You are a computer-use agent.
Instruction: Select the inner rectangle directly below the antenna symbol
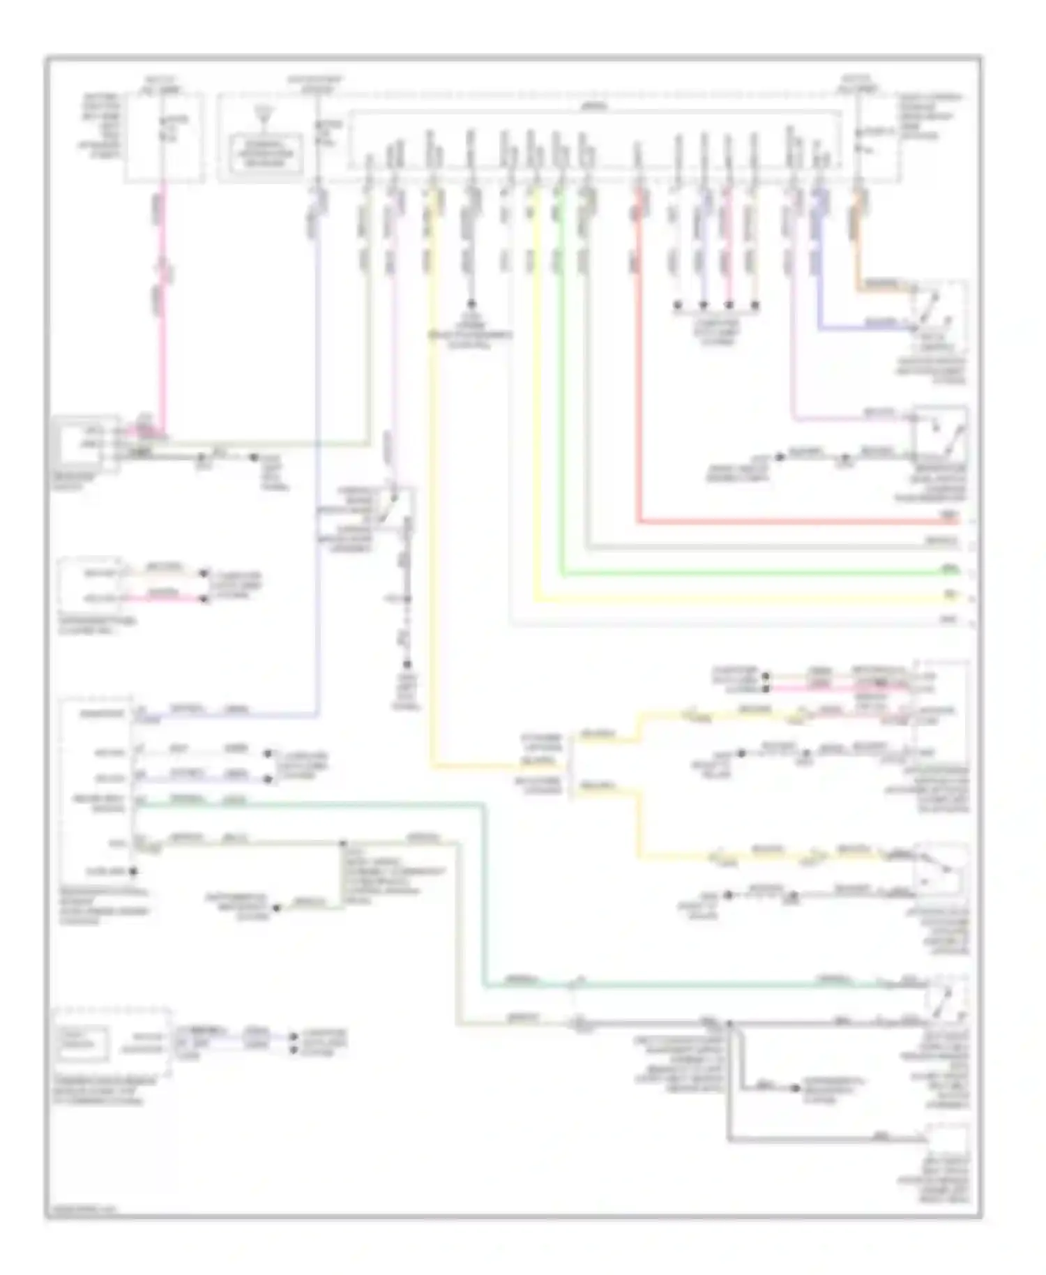coord(264,152)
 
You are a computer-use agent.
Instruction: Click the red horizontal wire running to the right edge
coord(795,522)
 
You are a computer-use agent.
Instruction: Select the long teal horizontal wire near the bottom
coord(697,986)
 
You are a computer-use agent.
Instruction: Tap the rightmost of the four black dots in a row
coord(755,305)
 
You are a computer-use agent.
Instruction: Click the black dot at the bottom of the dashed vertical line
coord(407,665)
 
